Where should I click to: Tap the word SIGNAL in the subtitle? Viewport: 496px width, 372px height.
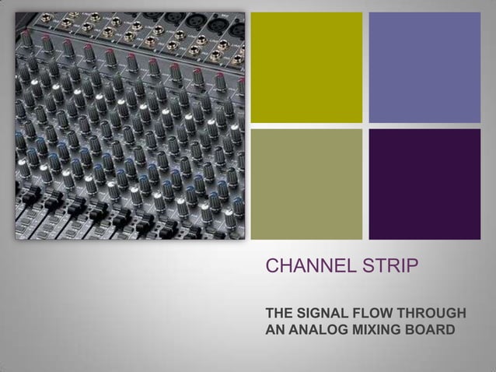[x=319, y=314]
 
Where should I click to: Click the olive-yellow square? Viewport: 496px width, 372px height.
[x=306, y=67]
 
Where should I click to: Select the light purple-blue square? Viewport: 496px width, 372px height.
[x=424, y=67]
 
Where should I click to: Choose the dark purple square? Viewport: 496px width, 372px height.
[x=424, y=184]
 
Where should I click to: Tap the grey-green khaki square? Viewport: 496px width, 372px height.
[x=306, y=184]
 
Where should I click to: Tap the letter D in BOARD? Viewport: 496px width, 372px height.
[x=450, y=330]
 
